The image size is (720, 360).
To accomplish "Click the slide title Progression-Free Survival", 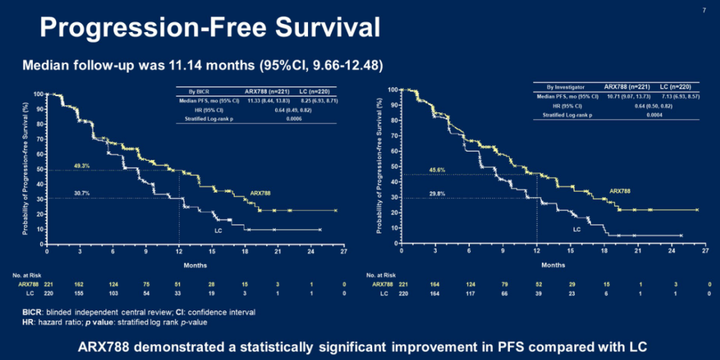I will pos(210,28).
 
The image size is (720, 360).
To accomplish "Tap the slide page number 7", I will pos(705,11).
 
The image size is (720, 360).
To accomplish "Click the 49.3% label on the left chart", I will pos(81,165).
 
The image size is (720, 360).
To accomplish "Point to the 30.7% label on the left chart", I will pos(81,194).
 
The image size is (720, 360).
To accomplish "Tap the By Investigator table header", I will pos(564,87).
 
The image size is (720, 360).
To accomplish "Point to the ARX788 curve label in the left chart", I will pos(261,193).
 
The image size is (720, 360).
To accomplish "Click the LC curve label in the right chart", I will pos(577,229).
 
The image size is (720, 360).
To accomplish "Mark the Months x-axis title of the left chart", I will pos(195,265).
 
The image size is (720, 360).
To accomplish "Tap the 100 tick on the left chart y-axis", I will pos(39,94).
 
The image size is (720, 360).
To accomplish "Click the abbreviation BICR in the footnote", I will pos(31,312).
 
